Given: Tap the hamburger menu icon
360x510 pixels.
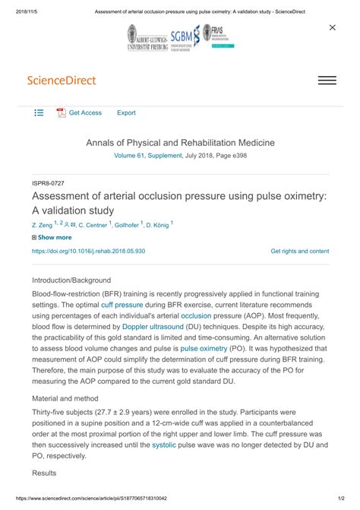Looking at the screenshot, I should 327,81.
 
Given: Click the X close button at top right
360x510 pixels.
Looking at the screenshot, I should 332,27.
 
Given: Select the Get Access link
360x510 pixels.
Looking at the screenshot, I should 85,113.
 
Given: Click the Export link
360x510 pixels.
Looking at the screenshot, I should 126,113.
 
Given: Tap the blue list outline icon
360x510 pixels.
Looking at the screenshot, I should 39,113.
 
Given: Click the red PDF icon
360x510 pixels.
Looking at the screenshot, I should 62,113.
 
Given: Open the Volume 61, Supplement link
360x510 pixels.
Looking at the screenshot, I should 147,155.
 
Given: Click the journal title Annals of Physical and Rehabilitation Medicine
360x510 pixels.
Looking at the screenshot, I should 180,143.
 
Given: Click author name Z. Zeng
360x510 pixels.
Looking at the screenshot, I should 42,225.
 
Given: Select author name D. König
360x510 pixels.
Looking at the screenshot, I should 157,225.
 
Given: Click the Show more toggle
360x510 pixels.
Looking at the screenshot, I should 52,238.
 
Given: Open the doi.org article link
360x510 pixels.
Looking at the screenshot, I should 88,251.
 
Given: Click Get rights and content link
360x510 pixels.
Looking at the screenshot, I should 299,251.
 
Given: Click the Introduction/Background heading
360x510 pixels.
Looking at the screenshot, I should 71,280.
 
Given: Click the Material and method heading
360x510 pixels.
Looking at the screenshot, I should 65,398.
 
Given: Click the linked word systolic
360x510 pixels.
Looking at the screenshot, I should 142,444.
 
